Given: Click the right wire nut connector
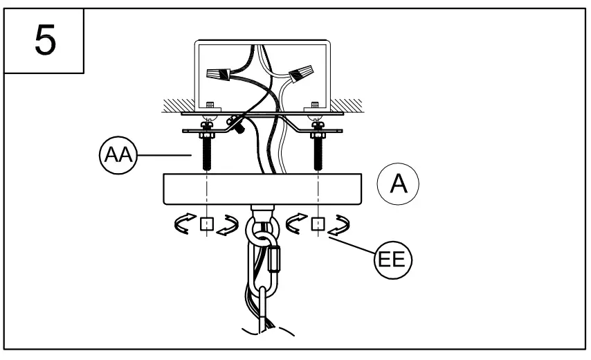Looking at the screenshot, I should [299, 71].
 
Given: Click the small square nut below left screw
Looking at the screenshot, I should [206, 224].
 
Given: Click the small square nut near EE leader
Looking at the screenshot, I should [318, 224].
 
